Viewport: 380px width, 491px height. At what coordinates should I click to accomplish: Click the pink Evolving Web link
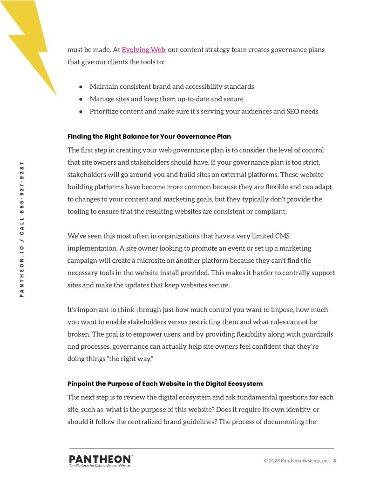(143, 50)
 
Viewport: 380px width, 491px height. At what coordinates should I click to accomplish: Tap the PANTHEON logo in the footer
(101, 459)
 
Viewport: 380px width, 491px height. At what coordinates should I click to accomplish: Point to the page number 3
(334, 461)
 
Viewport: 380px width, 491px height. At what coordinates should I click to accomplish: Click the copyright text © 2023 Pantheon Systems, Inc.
(297, 461)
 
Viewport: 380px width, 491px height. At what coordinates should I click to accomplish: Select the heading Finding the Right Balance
(149, 137)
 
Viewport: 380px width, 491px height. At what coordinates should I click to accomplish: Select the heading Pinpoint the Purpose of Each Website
(165, 384)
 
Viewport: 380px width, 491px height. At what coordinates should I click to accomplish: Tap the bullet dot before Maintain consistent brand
(81, 86)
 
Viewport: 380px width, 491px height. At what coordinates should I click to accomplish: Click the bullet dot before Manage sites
(81, 99)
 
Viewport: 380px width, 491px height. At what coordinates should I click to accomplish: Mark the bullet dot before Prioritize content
(81, 112)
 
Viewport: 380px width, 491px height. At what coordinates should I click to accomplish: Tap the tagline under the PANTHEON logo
(100, 465)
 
